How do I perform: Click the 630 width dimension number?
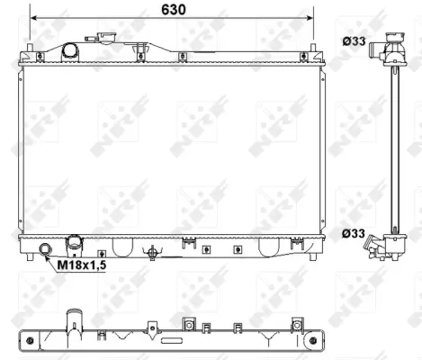click(170, 10)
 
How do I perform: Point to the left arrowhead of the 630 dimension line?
click(33, 18)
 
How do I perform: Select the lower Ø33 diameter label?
click(353, 234)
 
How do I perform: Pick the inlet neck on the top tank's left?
click(70, 51)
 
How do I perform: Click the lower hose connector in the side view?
click(390, 245)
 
